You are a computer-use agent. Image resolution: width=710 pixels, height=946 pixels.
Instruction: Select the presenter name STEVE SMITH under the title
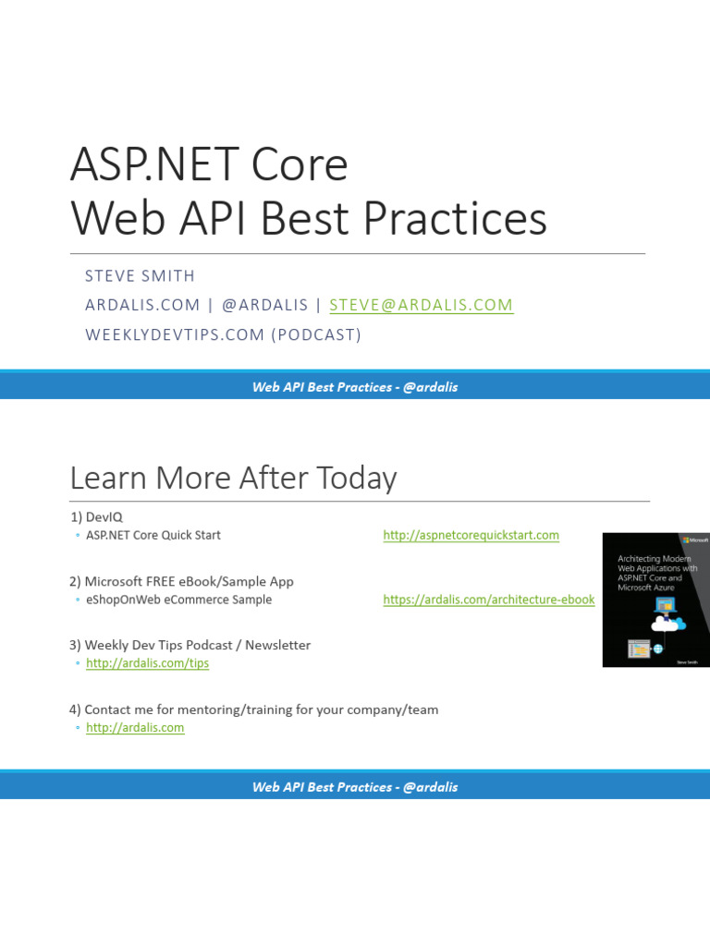click(140, 276)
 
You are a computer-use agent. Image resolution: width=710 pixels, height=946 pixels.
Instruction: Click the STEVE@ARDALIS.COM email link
click(421, 305)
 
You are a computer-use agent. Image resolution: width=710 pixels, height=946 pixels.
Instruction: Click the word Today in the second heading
click(357, 479)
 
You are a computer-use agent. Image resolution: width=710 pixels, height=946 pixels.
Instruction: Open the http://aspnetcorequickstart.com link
click(471, 535)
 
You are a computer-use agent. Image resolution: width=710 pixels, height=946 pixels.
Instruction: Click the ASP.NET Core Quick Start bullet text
click(153, 535)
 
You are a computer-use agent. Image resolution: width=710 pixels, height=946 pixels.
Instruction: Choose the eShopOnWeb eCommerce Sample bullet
click(178, 600)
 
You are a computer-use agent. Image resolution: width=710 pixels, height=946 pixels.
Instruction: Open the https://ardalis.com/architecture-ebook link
click(489, 600)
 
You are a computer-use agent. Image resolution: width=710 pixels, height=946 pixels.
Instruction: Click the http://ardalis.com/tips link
click(147, 663)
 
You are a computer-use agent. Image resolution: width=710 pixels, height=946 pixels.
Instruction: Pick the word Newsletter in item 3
click(277, 645)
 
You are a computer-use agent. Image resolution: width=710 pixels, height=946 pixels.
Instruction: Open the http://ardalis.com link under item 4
click(135, 728)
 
